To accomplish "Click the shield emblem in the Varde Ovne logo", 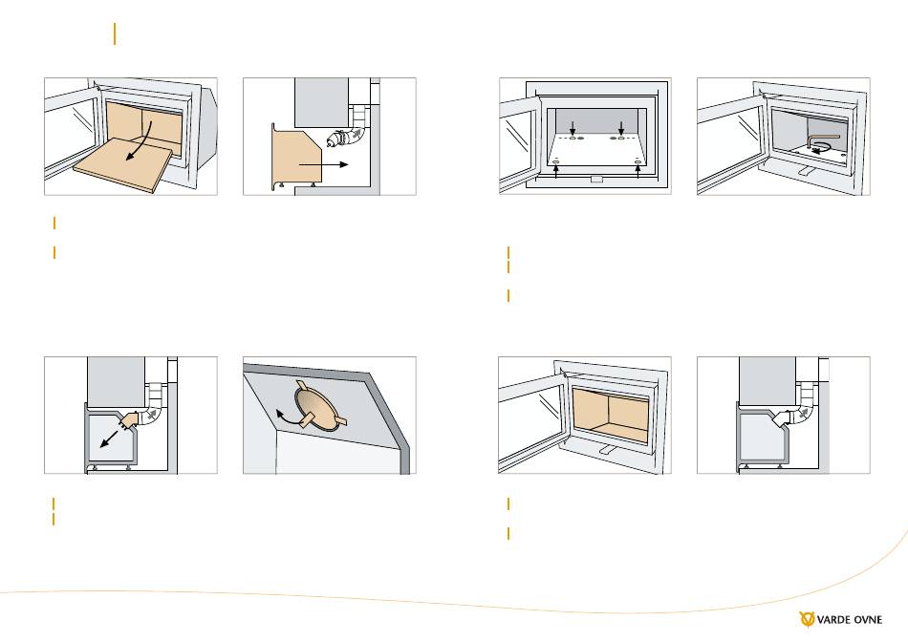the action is (x=807, y=619).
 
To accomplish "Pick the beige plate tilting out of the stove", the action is (x=123, y=163).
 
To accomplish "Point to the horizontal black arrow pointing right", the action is (x=323, y=164).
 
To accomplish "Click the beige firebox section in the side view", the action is (x=296, y=157).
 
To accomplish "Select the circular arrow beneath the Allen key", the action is (x=818, y=149).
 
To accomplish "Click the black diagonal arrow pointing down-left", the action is (x=108, y=439).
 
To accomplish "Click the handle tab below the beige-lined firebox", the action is (x=605, y=449).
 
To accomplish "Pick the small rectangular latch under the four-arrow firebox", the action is (x=596, y=180).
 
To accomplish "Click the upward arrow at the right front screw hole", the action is (x=638, y=171).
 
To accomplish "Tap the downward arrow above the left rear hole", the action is (x=573, y=128).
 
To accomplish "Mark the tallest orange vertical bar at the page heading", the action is (x=115, y=34).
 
